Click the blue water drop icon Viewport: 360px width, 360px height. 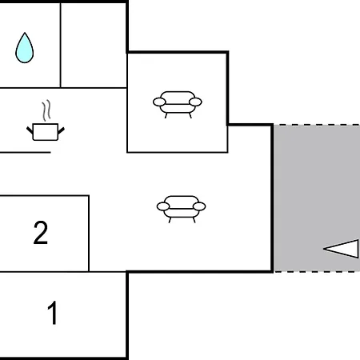tap(25, 48)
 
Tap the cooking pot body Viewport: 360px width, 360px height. tap(46, 132)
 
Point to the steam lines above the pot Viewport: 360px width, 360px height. tap(46, 110)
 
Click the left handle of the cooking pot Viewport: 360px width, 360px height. tap(30, 130)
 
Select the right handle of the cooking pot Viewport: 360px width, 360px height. tap(62, 130)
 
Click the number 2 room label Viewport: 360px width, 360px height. tap(41, 232)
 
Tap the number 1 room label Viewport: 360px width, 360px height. tap(53, 313)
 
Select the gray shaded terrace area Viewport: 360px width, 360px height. tap(317, 198)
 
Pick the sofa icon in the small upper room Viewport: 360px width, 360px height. tap(178, 105)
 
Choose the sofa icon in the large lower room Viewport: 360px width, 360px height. tap(181, 209)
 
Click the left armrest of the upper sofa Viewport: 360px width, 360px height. tap(159, 102)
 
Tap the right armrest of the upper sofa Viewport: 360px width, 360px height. tap(195, 102)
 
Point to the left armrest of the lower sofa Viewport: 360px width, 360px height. tap(163, 206)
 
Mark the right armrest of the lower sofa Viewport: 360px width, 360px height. tap(199, 206)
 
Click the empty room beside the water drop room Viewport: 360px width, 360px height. tap(94, 46)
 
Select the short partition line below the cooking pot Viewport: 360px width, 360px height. tap(26, 153)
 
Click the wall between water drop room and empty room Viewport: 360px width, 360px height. tap(61, 46)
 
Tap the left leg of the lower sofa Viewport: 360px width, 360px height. tap(170, 220)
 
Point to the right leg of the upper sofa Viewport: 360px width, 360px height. tap(190, 116)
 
